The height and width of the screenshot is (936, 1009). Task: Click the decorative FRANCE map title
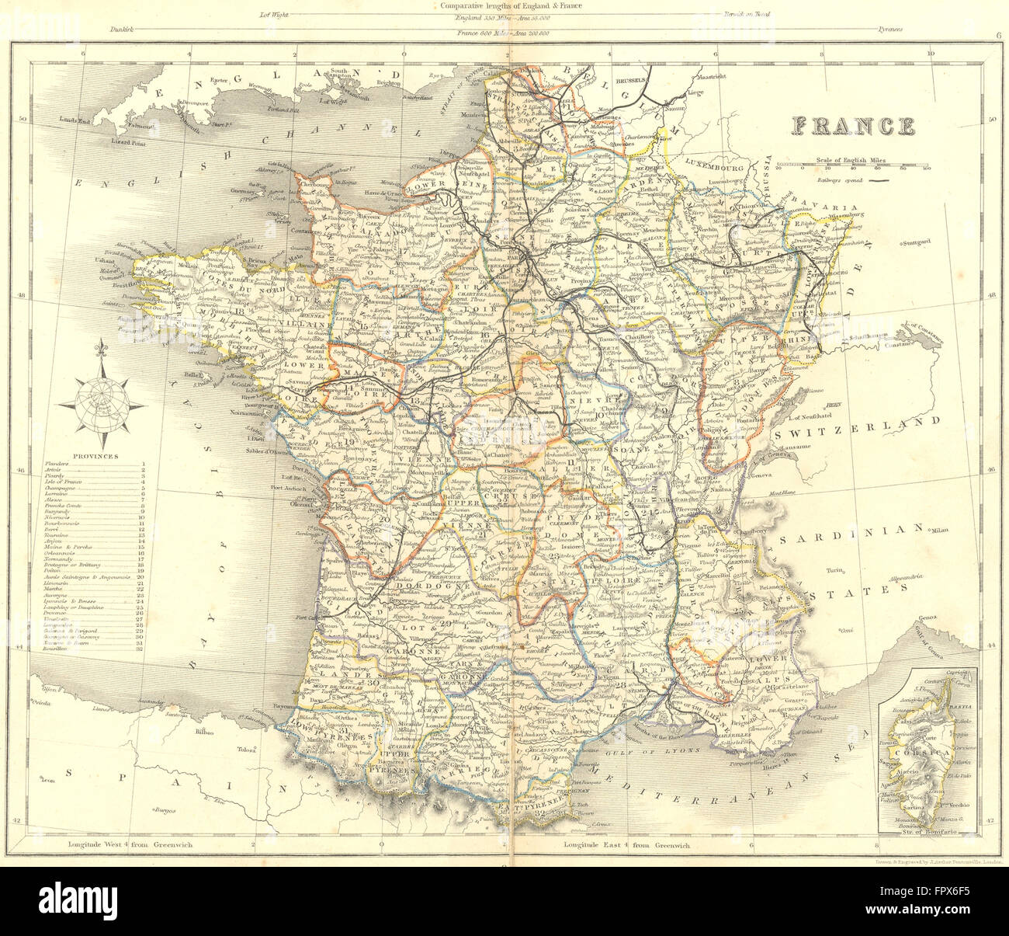point(853,127)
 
